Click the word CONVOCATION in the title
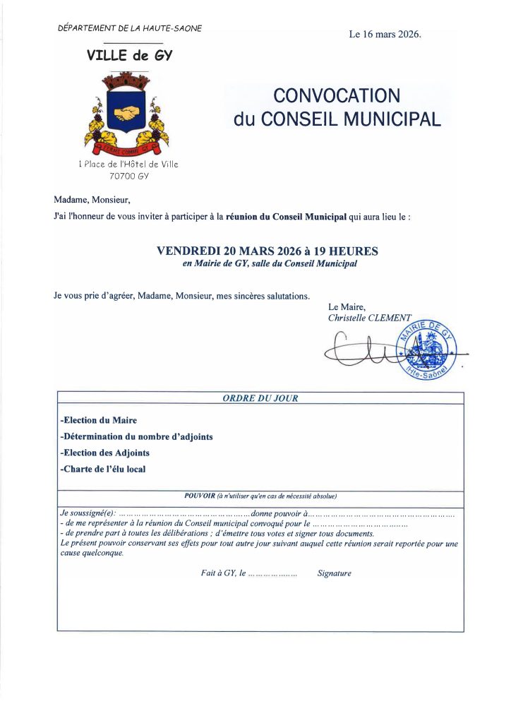337,95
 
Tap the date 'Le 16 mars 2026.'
385,34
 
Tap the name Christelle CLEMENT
369,318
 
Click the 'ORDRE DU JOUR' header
260,398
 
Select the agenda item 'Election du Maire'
99,421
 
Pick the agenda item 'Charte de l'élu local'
103,469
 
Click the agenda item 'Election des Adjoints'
105,453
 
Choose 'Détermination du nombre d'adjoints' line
137,436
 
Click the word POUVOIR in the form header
199,496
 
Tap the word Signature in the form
334,573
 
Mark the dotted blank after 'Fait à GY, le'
273,574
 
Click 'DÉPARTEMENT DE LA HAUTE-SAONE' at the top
130,28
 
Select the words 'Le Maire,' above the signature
347,307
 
